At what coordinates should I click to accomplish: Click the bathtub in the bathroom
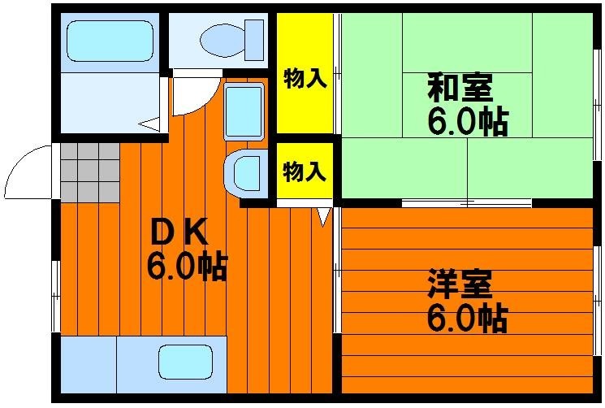click(x=110, y=41)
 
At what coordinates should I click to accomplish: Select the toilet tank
click(x=254, y=40)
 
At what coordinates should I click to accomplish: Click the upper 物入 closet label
click(x=305, y=79)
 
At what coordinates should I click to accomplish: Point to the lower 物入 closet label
click(x=305, y=171)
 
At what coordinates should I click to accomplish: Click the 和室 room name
click(x=460, y=87)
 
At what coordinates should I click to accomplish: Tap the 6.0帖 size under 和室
click(x=467, y=122)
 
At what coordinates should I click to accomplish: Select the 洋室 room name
click(x=460, y=284)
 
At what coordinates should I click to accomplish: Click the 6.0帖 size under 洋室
click(x=467, y=319)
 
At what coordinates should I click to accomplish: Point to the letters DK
click(x=179, y=232)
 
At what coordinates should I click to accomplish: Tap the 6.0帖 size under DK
click(x=186, y=267)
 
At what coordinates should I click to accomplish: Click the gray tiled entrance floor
click(x=90, y=172)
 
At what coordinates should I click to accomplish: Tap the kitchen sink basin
click(x=186, y=362)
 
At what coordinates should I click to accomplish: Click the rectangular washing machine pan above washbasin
click(x=244, y=111)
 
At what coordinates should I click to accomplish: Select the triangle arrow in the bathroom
click(x=149, y=124)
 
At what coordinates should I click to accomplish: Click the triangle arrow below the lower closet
click(x=324, y=216)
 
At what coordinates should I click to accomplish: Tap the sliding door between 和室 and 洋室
click(x=467, y=202)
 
